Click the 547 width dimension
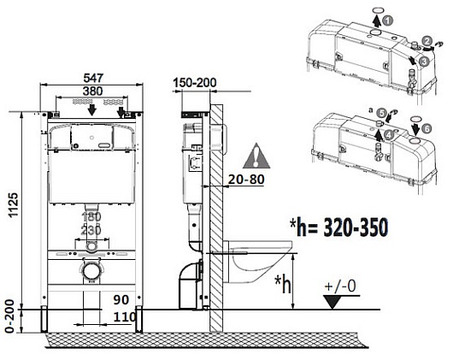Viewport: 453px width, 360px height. [93, 78]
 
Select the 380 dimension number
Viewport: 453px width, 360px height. [93, 91]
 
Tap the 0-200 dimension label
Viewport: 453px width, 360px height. [9, 316]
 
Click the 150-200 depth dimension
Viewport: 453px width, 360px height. [195, 83]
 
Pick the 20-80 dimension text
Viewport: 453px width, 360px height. [246, 180]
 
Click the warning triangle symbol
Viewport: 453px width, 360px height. [256, 156]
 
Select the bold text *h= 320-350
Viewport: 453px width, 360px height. [338, 227]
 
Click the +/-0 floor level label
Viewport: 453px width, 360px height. [340, 286]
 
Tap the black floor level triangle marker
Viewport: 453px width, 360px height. [332, 302]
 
